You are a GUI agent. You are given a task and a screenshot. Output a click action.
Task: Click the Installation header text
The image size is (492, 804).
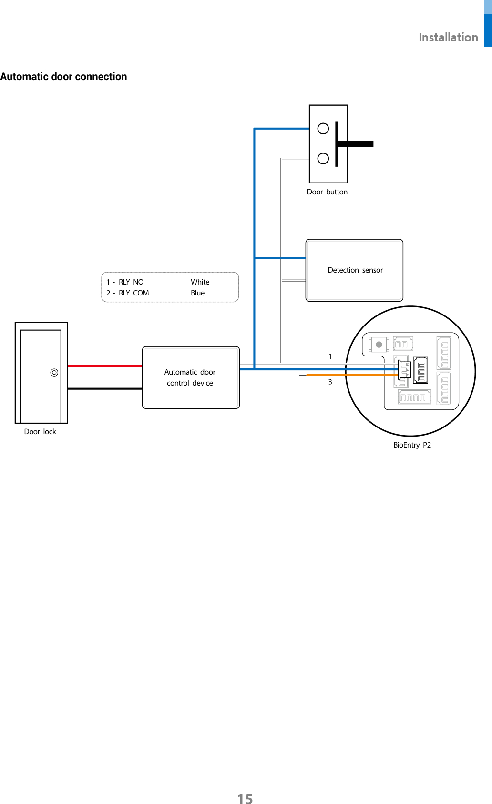click(448, 38)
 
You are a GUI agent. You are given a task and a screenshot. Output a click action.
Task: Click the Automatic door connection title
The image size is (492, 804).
click(64, 77)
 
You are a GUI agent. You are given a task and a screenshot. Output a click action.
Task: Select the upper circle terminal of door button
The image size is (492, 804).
click(323, 129)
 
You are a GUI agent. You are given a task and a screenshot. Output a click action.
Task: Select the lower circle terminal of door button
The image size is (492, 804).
click(323, 159)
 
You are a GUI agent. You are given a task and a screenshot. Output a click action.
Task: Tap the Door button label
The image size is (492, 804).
click(327, 192)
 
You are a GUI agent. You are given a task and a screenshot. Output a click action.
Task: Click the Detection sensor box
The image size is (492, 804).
click(354, 270)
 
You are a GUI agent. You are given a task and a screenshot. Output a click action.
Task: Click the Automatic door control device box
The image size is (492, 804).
click(190, 377)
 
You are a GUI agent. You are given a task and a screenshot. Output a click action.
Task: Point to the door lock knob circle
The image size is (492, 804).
click(54, 373)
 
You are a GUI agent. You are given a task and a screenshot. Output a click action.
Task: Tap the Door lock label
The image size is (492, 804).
click(40, 432)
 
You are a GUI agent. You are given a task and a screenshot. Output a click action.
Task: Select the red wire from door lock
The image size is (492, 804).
click(105, 366)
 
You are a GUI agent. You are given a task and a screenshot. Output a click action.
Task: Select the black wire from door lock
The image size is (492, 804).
click(105, 389)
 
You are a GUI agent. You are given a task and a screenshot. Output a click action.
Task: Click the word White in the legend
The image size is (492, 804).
click(200, 282)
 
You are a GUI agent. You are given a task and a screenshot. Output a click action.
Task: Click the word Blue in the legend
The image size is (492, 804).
click(197, 293)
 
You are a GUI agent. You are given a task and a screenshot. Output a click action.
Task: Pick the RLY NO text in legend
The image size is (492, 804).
click(131, 282)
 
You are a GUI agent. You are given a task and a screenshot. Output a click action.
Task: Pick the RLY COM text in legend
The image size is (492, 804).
click(134, 293)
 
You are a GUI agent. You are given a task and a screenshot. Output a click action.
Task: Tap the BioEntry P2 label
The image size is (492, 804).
click(412, 445)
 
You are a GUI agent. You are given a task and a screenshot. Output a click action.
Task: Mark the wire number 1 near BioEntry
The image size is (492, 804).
click(330, 356)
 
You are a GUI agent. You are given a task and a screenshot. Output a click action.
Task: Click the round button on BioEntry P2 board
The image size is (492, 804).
click(379, 345)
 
